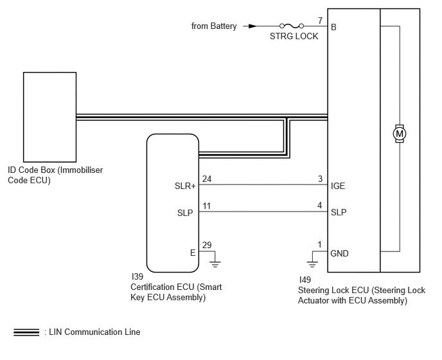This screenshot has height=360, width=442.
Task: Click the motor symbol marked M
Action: pos(400,134)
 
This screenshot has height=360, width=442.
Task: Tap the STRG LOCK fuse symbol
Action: pos(292,26)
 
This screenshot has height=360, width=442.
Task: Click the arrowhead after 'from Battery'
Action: pos(252,26)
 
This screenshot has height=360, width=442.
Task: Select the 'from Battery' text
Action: pos(214,26)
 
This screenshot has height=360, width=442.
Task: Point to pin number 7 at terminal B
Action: pos(320,21)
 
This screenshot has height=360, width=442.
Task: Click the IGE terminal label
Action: pos(338,186)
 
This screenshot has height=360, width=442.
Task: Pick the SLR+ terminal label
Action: pos(185,186)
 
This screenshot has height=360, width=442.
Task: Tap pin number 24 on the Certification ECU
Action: pos(207,179)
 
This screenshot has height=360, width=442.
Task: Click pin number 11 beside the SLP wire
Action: pos(207,206)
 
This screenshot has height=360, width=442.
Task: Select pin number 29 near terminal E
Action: pos(207,245)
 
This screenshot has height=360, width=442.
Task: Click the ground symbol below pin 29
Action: pos(215,264)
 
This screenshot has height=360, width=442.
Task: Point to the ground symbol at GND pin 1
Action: pos(312,264)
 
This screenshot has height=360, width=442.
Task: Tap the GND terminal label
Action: pos(339,253)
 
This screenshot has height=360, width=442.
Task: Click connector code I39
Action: pos(137,276)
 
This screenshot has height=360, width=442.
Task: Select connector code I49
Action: pos(305,280)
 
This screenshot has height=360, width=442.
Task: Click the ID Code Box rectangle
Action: pos(49,117)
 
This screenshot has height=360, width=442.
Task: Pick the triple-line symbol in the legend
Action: pos(26,332)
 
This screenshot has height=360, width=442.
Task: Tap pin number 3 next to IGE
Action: pos(320,179)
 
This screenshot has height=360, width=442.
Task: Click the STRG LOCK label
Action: pos(294,36)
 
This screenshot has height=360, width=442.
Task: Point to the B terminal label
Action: pos(333,27)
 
